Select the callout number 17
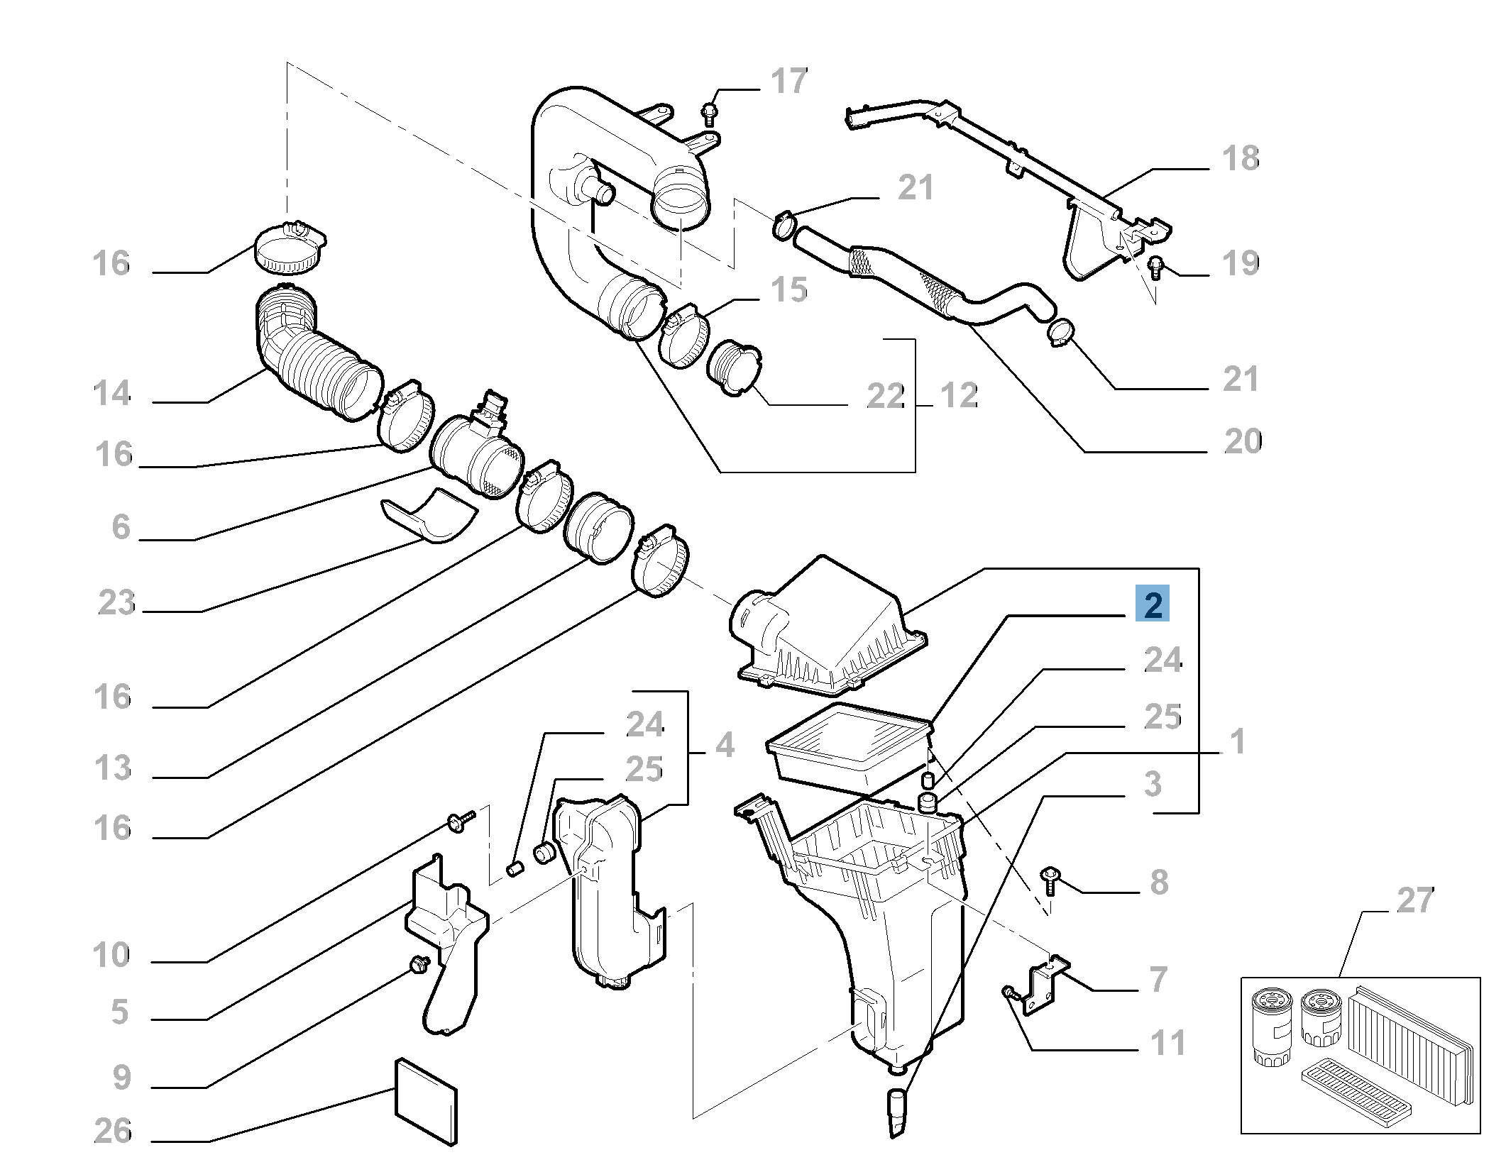tap(789, 82)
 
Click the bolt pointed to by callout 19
tap(1156, 265)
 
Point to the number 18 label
tap(1241, 158)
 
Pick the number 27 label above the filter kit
tap(1414, 901)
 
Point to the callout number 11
tap(1167, 1044)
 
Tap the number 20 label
tap(1242, 442)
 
